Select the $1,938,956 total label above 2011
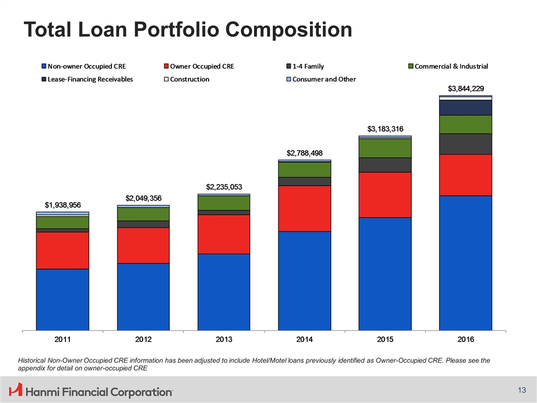[63, 205]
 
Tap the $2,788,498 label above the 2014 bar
[304, 153]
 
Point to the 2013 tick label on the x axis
[224, 340]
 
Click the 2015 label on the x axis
[385, 340]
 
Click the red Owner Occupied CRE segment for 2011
[63, 250]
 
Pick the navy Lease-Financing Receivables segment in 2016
[465, 107]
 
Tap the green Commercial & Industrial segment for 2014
[304, 169]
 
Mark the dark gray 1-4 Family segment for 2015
[385, 165]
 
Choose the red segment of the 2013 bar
[224, 234]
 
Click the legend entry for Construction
[190, 79]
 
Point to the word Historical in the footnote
[34, 360]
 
